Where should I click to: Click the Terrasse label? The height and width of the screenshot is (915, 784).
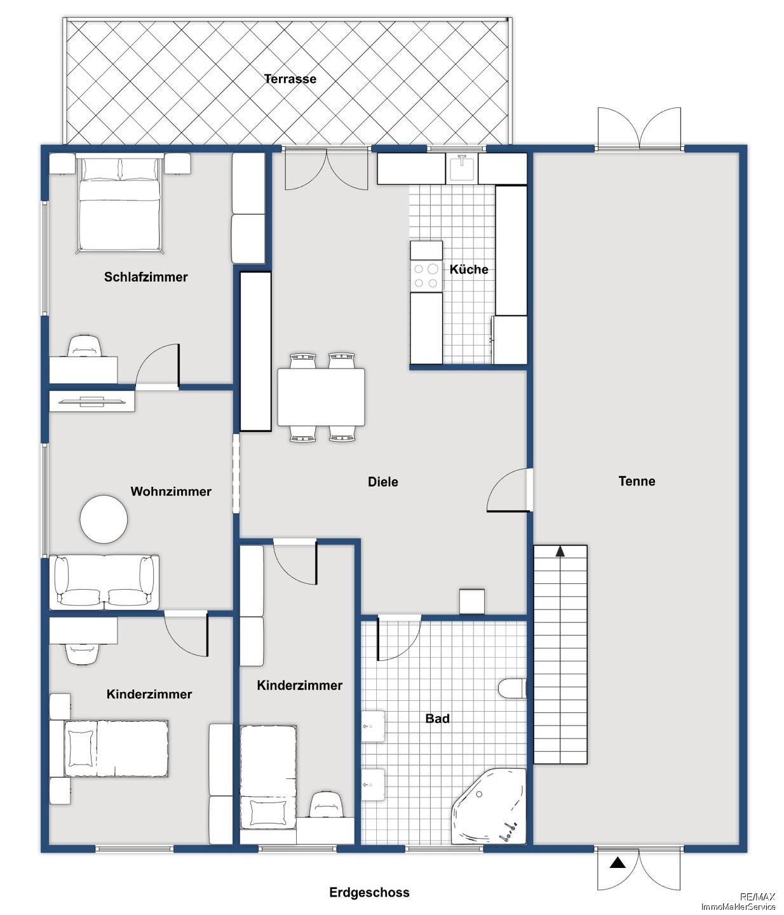pos(290,79)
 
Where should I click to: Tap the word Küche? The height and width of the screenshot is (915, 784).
pos(469,269)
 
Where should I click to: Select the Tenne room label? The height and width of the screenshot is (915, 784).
pos(637,481)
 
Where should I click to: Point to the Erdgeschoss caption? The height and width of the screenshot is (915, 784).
pos(369,892)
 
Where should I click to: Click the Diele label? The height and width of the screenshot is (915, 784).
pos(383,482)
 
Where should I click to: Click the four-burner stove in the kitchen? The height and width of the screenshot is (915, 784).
pos(426,275)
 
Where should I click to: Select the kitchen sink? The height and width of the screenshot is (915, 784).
pos(462,168)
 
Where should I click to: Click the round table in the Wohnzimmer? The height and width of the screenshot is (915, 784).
pos(104,519)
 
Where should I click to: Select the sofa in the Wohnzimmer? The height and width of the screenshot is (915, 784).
pos(104,581)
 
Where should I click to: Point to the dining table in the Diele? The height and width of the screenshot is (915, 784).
pos(321,397)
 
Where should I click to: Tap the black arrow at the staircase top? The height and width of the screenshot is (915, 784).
pos(560,551)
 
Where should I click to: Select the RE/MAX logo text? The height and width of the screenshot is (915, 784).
pos(757,897)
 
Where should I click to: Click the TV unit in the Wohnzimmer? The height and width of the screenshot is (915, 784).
pos(92,402)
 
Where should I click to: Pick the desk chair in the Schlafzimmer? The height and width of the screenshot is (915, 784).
pos(84,346)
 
